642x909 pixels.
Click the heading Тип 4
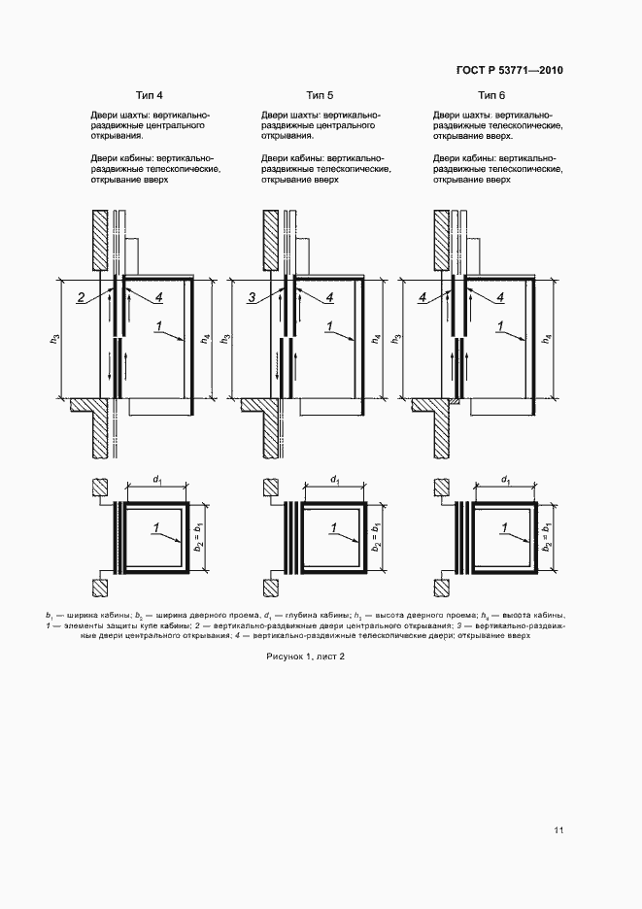pyautogui.click(x=150, y=94)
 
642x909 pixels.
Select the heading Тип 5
pyautogui.click(x=320, y=94)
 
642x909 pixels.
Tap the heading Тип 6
pyautogui.click(x=491, y=94)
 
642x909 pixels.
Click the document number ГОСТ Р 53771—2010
pyautogui.click(x=510, y=70)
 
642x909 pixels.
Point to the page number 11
pyautogui.click(x=558, y=829)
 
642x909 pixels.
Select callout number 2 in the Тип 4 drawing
pyautogui.click(x=82, y=297)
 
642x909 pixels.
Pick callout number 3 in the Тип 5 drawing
pyautogui.click(x=251, y=298)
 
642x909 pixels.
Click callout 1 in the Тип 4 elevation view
pyautogui.click(x=160, y=324)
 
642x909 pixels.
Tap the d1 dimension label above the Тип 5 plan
pyautogui.click(x=334, y=480)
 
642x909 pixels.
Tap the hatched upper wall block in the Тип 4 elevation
pyautogui.click(x=100, y=240)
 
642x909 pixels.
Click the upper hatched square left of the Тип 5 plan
pyautogui.click(x=270, y=488)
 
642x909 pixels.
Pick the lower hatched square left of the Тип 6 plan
pyautogui.click(x=441, y=588)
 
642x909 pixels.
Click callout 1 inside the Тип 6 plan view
pyautogui.click(x=503, y=527)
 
